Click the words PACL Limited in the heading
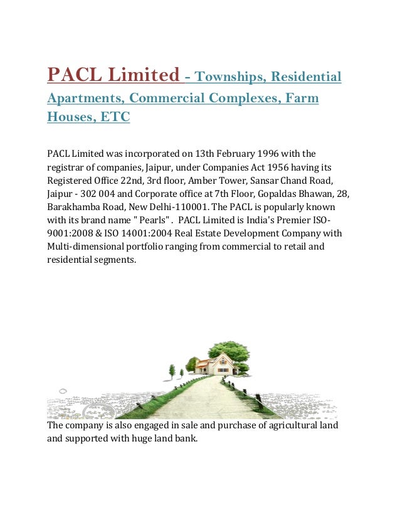pos(113,76)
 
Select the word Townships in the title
pos(227,77)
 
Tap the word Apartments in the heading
pos(86,98)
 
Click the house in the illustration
pos(214,363)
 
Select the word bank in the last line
pos(184,439)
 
